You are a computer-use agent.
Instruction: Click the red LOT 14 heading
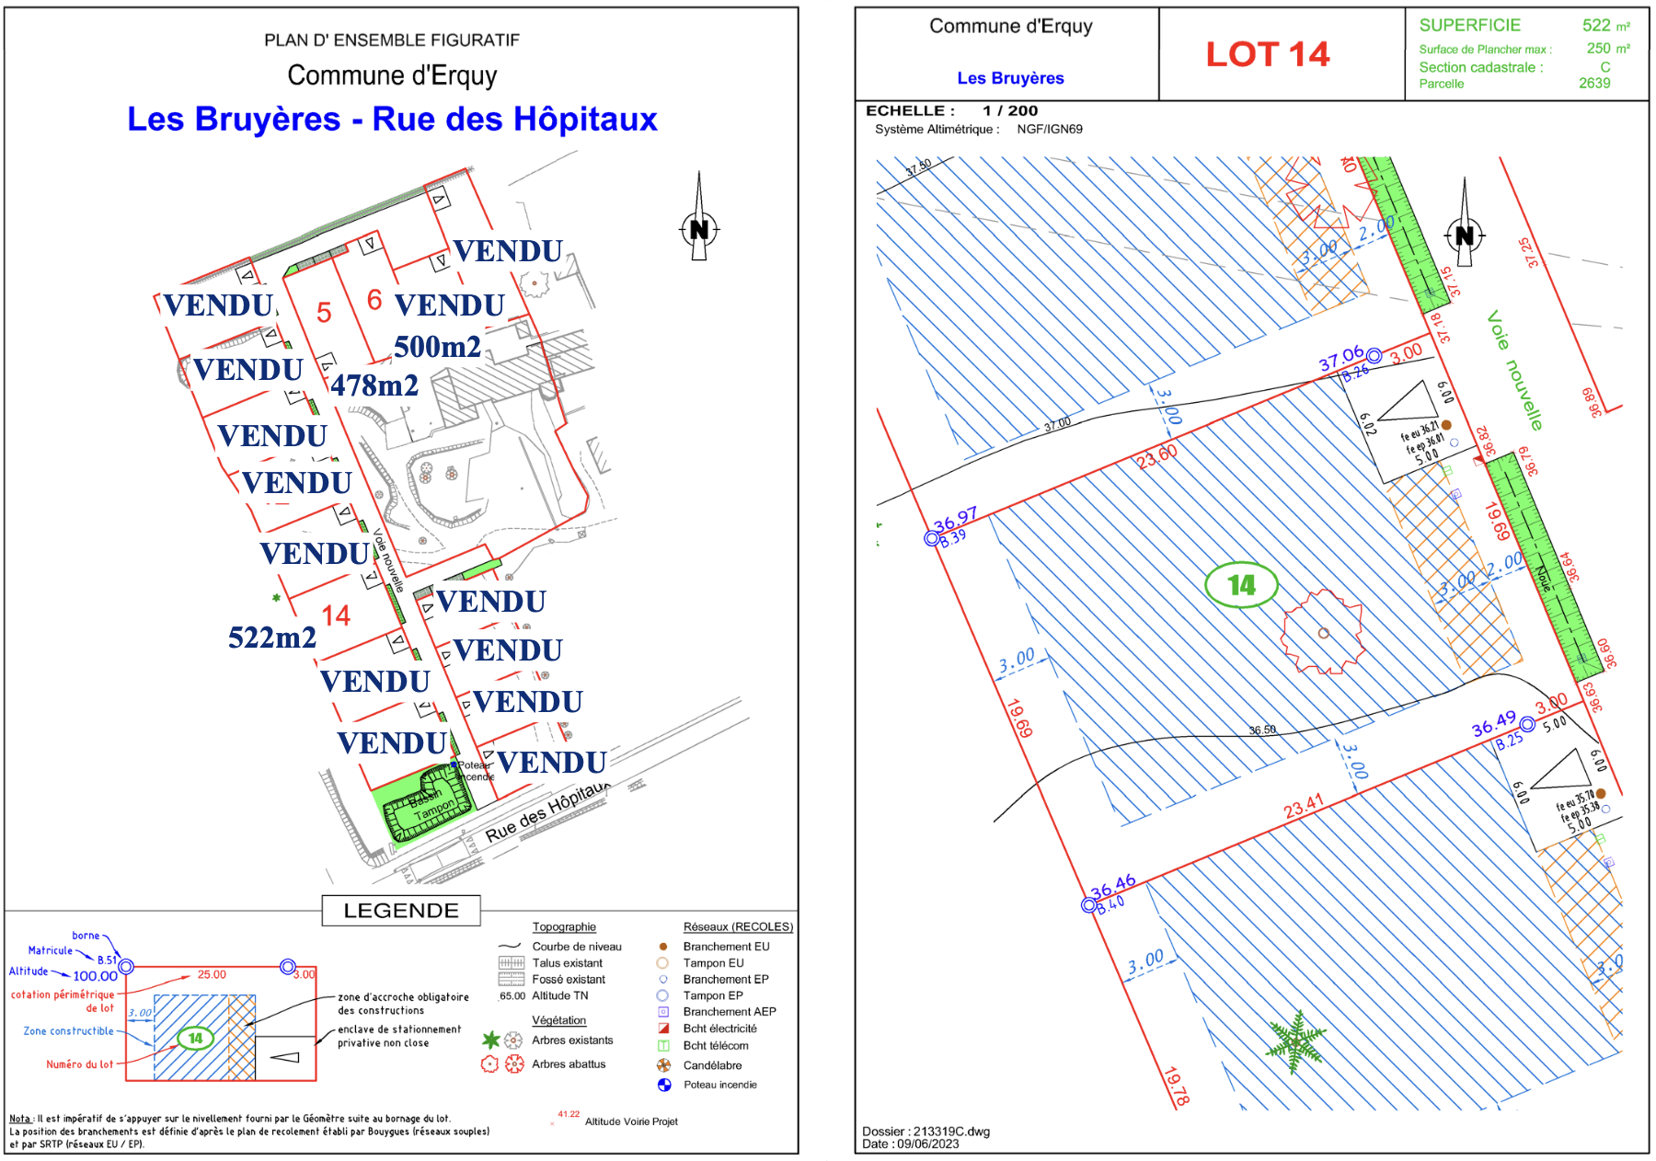pos(1267,54)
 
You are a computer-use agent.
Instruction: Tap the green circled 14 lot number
pos(1241,585)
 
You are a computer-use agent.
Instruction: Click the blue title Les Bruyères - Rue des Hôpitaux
pos(392,119)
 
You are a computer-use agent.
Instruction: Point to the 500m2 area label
pos(437,347)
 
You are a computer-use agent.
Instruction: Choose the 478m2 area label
pos(374,385)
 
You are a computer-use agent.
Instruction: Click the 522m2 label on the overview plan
pos(271,638)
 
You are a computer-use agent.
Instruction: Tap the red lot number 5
pos(324,313)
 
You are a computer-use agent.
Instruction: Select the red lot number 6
pos(374,299)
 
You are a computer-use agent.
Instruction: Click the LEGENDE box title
pos(401,911)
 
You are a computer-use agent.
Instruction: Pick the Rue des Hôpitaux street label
pos(546,812)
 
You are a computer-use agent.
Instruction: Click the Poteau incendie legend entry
pos(719,1085)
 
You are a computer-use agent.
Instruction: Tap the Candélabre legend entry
pos(712,1065)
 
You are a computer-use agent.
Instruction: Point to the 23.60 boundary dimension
pos(1156,457)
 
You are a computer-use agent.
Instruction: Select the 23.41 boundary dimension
pos(1304,807)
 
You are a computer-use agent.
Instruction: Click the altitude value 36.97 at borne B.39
pos(955,521)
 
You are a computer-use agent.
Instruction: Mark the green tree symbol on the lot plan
pos(1295,1042)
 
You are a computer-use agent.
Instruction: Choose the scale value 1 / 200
pos(1009,110)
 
